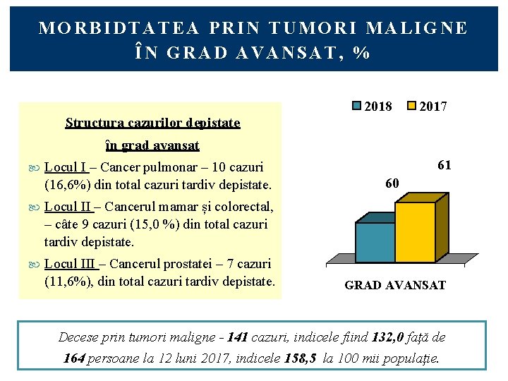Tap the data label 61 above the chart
[x=444, y=166]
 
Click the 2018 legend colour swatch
[x=357, y=107]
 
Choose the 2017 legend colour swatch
[x=412, y=107]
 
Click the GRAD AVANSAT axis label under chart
[x=395, y=285]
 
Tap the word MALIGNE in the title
[x=427, y=28]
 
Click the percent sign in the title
[x=363, y=53]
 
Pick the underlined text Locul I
[x=65, y=167]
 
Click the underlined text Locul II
[x=68, y=207]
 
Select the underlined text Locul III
[x=70, y=263]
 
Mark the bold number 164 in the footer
[x=74, y=358]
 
